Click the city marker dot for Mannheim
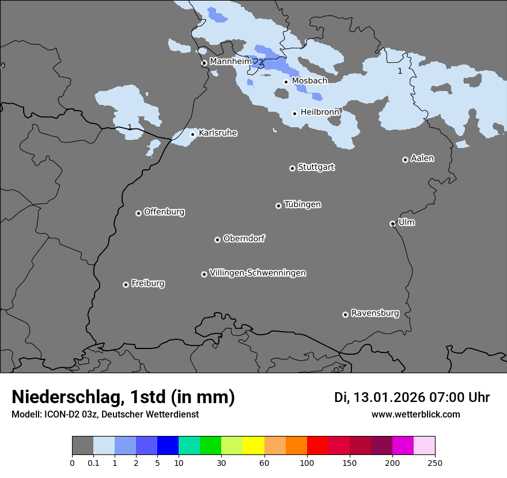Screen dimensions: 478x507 tap(204, 63)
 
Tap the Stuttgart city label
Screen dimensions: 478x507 tap(316, 167)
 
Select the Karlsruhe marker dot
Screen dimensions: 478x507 tap(193, 134)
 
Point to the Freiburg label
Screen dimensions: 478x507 tap(147, 283)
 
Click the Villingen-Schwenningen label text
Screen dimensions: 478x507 tap(258, 273)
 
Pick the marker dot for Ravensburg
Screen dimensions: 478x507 tap(345, 314)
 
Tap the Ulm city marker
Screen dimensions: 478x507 tap(392, 223)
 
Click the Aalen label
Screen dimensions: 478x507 tap(422, 158)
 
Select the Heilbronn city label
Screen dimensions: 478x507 tap(320, 112)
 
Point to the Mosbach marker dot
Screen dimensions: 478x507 tap(286, 82)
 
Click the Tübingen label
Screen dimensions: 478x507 tap(302, 204)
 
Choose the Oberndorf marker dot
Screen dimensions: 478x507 tap(217, 240)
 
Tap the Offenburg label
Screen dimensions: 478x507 tap(164, 212)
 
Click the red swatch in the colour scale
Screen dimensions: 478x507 tap(317, 446)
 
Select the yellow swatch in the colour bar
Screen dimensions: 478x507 tap(253, 446)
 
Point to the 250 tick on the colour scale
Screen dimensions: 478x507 tap(435, 462)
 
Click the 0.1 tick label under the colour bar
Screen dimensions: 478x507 tap(93, 462)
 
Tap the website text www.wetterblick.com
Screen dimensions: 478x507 tap(415, 414)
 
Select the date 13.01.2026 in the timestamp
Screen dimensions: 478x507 tap(390, 397)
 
